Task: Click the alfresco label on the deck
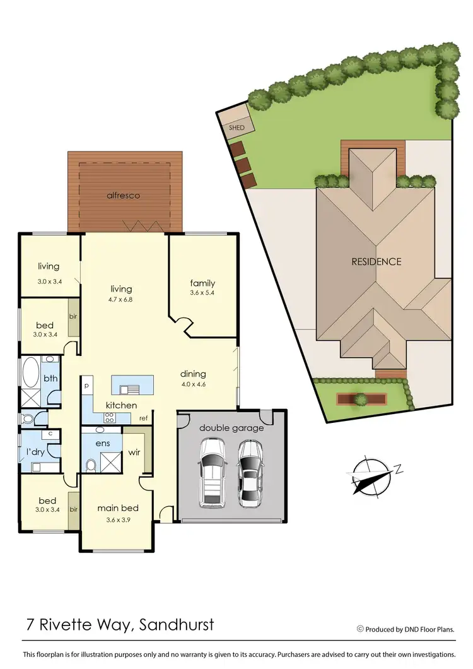pyautogui.click(x=124, y=196)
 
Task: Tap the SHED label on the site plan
pyautogui.click(x=237, y=127)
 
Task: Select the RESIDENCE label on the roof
pyautogui.click(x=377, y=261)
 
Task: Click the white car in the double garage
pyautogui.click(x=212, y=473)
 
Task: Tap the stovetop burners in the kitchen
pyautogui.click(x=108, y=417)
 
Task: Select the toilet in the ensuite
pyautogui.click(x=90, y=466)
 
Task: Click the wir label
pyautogui.click(x=133, y=452)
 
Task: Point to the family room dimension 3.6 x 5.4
pyautogui.click(x=203, y=293)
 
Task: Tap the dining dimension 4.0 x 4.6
pyautogui.click(x=193, y=384)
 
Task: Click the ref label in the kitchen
pyautogui.click(x=144, y=418)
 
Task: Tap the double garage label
pyautogui.click(x=231, y=428)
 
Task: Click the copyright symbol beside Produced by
pyautogui.click(x=360, y=629)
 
